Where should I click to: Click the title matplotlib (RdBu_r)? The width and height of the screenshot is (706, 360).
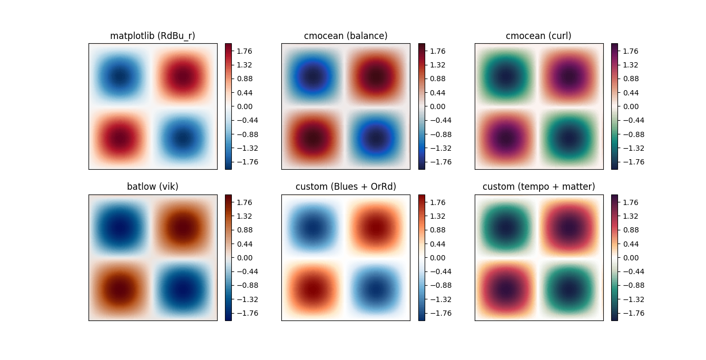(x=153, y=36)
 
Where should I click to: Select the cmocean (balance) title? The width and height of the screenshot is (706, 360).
(x=346, y=36)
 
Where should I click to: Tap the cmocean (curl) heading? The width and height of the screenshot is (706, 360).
(x=538, y=36)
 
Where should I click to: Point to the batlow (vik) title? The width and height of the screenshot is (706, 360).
(x=153, y=187)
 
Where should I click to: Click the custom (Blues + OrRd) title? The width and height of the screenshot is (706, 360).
(x=346, y=187)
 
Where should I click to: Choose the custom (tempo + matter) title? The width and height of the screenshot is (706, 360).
(x=538, y=187)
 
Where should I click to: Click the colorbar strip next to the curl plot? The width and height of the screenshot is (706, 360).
(x=614, y=106)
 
